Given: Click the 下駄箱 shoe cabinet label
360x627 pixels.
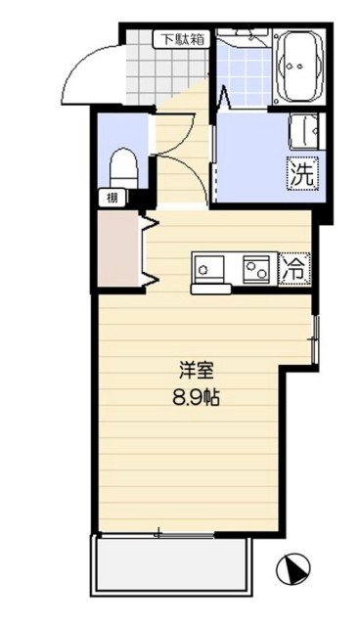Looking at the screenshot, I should [x=183, y=40].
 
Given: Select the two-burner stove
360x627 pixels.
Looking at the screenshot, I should [x=257, y=266].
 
